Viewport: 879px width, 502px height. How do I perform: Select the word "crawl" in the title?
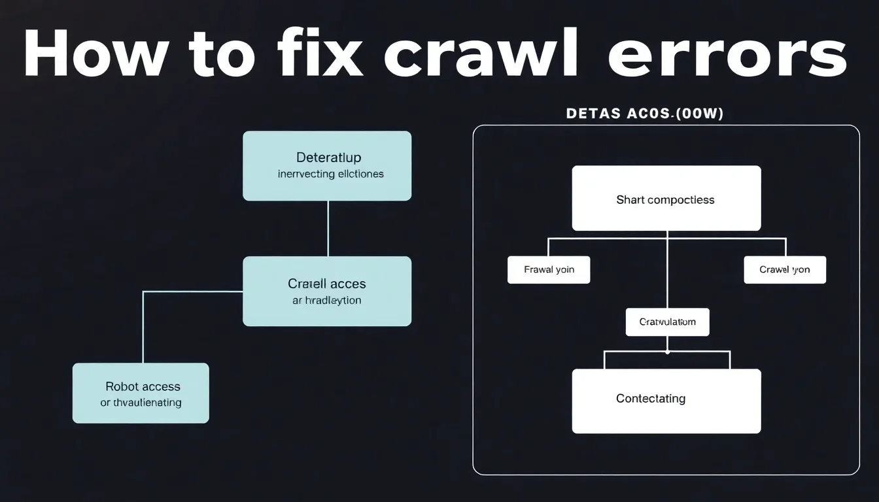[481, 56]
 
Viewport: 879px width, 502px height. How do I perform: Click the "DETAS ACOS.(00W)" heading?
[644, 114]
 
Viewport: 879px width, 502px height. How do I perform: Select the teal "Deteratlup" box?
[327, 165]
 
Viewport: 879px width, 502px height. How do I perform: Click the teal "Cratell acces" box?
[327, 291]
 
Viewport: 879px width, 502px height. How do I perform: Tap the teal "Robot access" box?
[141, 393]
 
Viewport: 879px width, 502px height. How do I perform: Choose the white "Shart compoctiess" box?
[666, 198]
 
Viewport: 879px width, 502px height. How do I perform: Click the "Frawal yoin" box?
[549, 269]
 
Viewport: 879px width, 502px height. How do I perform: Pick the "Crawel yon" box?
[785, 269]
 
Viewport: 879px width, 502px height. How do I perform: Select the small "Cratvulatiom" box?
[667, 322]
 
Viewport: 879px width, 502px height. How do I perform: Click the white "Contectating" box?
[666, 401]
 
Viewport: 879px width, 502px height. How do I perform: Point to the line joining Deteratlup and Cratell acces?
[328, 228]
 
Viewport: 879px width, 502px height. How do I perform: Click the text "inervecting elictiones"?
[330, 175]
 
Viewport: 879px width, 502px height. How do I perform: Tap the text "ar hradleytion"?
[326, 301]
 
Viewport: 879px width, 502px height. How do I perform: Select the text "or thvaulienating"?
[141, 403]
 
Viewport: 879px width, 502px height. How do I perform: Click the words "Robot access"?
[143, 386]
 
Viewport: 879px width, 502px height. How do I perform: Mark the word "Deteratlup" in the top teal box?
[328, 158]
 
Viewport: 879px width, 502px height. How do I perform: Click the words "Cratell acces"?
[326, 284]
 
